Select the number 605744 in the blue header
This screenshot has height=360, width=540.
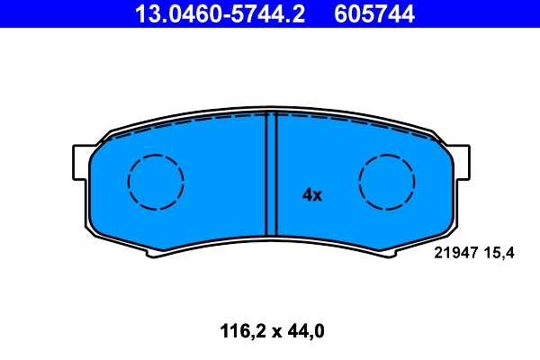point(374,13)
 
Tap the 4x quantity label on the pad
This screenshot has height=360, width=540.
point(312,194)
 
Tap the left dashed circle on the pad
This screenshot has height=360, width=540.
point(156,182)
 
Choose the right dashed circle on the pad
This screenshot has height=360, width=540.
point(388,182)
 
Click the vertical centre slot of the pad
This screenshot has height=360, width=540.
point(270,175)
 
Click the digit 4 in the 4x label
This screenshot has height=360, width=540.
point(307,194)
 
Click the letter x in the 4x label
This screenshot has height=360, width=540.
point(318,195)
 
